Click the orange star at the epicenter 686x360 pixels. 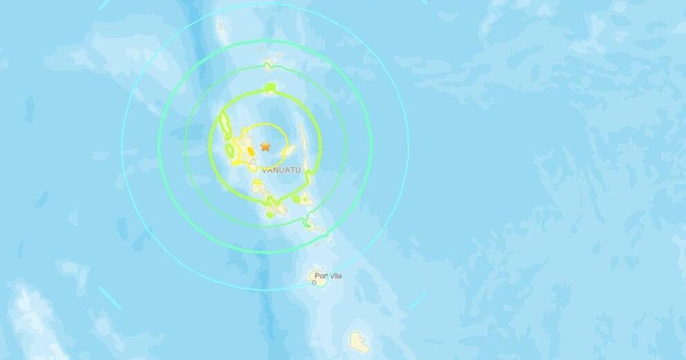coord(265,146)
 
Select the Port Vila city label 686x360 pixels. coord(328,276)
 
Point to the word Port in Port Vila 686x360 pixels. coord(321,276)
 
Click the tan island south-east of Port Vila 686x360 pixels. coord(358,340)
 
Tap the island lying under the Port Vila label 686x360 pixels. coord(321,280)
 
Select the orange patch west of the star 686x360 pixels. coord(250,148)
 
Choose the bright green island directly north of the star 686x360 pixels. coord(270,88)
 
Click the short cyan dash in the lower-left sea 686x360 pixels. coord(109,298)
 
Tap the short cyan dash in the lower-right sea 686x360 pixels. coord(417,300)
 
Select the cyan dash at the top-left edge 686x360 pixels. coord(105,3)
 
